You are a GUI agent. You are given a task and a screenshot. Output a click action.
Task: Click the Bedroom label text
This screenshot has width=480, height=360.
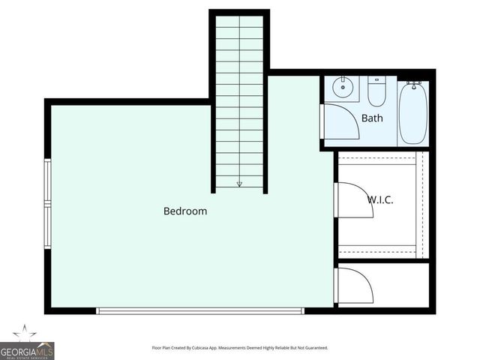click(185, 211)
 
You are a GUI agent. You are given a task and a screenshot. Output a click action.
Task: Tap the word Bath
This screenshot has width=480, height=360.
click(372, 118)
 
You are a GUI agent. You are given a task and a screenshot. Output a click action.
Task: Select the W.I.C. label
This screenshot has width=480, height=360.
click(380, 200)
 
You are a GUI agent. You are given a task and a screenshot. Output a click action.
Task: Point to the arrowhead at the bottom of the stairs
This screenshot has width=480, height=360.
click(239, 183)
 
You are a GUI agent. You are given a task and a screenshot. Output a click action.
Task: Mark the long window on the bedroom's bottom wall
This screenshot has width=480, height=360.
click(200, 310)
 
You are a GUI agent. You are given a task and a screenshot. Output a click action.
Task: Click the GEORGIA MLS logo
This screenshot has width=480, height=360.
click(27, 351)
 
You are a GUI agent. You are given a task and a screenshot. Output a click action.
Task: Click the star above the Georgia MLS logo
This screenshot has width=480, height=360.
click(25, 332)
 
